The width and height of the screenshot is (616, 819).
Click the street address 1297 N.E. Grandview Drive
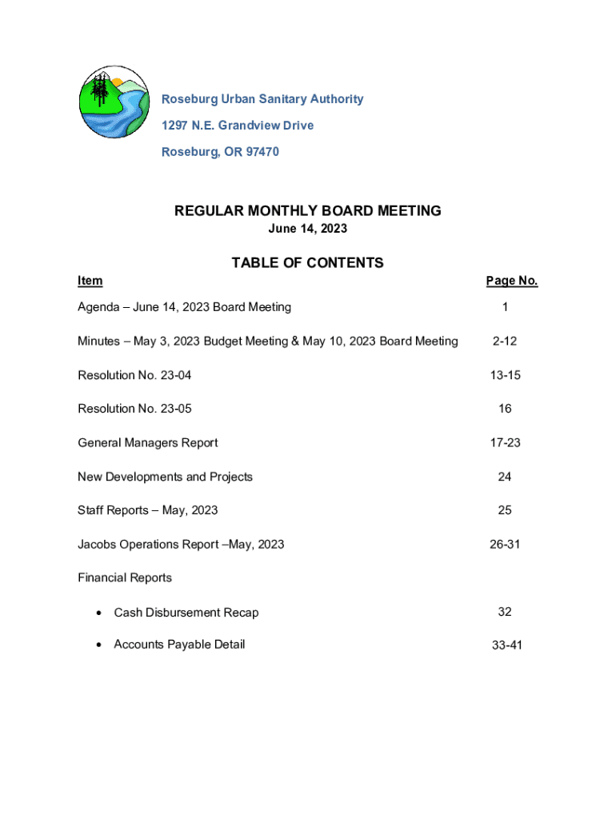click(x=238, y=126)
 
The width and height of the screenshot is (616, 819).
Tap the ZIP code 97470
click(x=260, y=152)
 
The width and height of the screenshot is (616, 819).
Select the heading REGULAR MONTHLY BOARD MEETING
click(x=308, y=211)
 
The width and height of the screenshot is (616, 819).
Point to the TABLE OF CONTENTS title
click(x=308, y=263)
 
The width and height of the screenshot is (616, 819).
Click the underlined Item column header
click(x=90, y=281)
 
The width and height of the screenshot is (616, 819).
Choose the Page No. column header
click(x=511, y=281)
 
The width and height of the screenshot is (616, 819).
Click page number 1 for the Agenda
click(x=505, y=307)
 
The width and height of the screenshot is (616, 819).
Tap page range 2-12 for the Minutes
click(x=505, y=342)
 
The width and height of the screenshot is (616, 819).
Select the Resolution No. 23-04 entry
click(x=134, y=375)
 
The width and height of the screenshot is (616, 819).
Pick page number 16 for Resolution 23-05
click(x=505, y=409)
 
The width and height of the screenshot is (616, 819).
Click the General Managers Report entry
click(x=147, y=443)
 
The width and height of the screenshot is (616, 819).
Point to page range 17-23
click(x=505, y=443)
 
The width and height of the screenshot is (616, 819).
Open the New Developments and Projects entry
click(x=165, y=477)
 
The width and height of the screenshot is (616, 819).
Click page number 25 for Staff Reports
click(x=505, y=510)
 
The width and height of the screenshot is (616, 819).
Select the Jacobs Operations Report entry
click(x=181, y=545)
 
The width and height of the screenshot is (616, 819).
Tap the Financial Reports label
click(x=125, y=577)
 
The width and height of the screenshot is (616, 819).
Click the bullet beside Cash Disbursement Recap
click(x=98, y=613)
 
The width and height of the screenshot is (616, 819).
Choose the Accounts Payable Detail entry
click(x=179, y=645)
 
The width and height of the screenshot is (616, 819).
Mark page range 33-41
click(x=506, y=645)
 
